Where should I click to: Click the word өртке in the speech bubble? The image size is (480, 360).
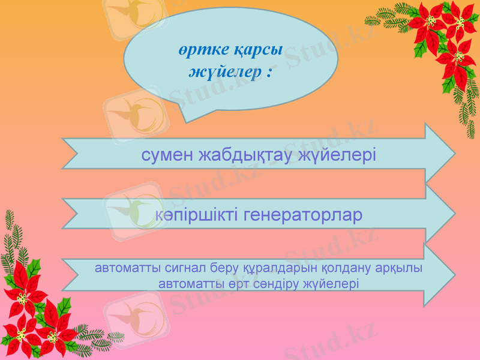coord(202,52)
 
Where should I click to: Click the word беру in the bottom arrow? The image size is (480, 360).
coord(221,268)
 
